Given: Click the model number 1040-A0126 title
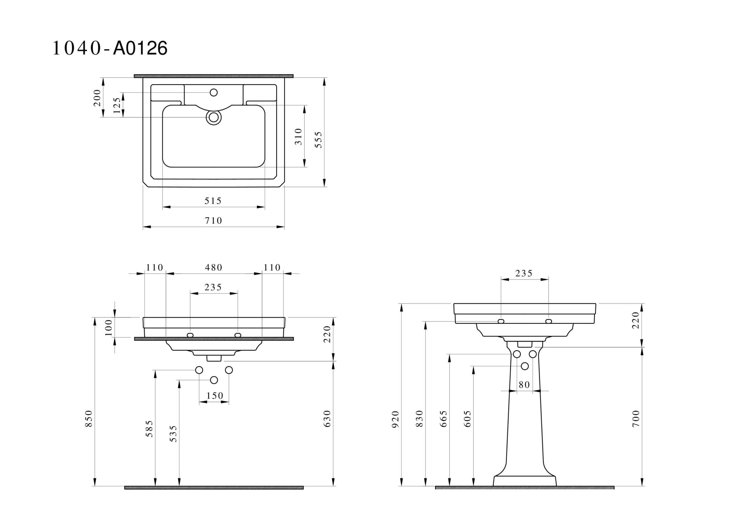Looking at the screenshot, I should pos(110,48).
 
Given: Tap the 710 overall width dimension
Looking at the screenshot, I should pos(213,221).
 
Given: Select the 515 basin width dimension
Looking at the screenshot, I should pos(213,201).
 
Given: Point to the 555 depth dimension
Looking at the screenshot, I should pos(318,140).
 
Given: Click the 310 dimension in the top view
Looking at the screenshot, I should pos(298,137).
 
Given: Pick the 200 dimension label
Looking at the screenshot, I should pos(97,98).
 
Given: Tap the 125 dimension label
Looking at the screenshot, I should pos(117,105).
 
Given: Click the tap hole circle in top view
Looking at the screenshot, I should pos(214,93).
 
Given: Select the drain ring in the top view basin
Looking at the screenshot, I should pos(214,118).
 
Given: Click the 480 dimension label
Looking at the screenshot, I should pos(213,268).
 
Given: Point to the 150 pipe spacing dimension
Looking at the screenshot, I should pos(215,396).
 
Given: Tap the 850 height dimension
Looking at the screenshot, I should pos(89,419).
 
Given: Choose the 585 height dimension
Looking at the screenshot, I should pos(149,429).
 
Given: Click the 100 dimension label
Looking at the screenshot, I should pos(108,327).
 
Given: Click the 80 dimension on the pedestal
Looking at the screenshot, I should pos(524,385).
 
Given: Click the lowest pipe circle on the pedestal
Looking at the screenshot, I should pos(525,366).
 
